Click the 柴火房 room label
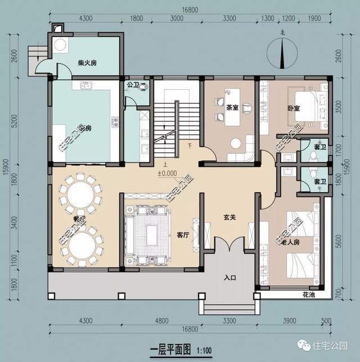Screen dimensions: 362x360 (x=87, y=63)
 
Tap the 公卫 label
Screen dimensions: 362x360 (x=133, y=85)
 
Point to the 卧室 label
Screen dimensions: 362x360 (x=294, y=109)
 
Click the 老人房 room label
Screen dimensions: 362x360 (x=291, y=243)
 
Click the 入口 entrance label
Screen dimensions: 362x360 (x=229, y=277)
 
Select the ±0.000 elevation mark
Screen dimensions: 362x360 (x=167, y=173)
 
